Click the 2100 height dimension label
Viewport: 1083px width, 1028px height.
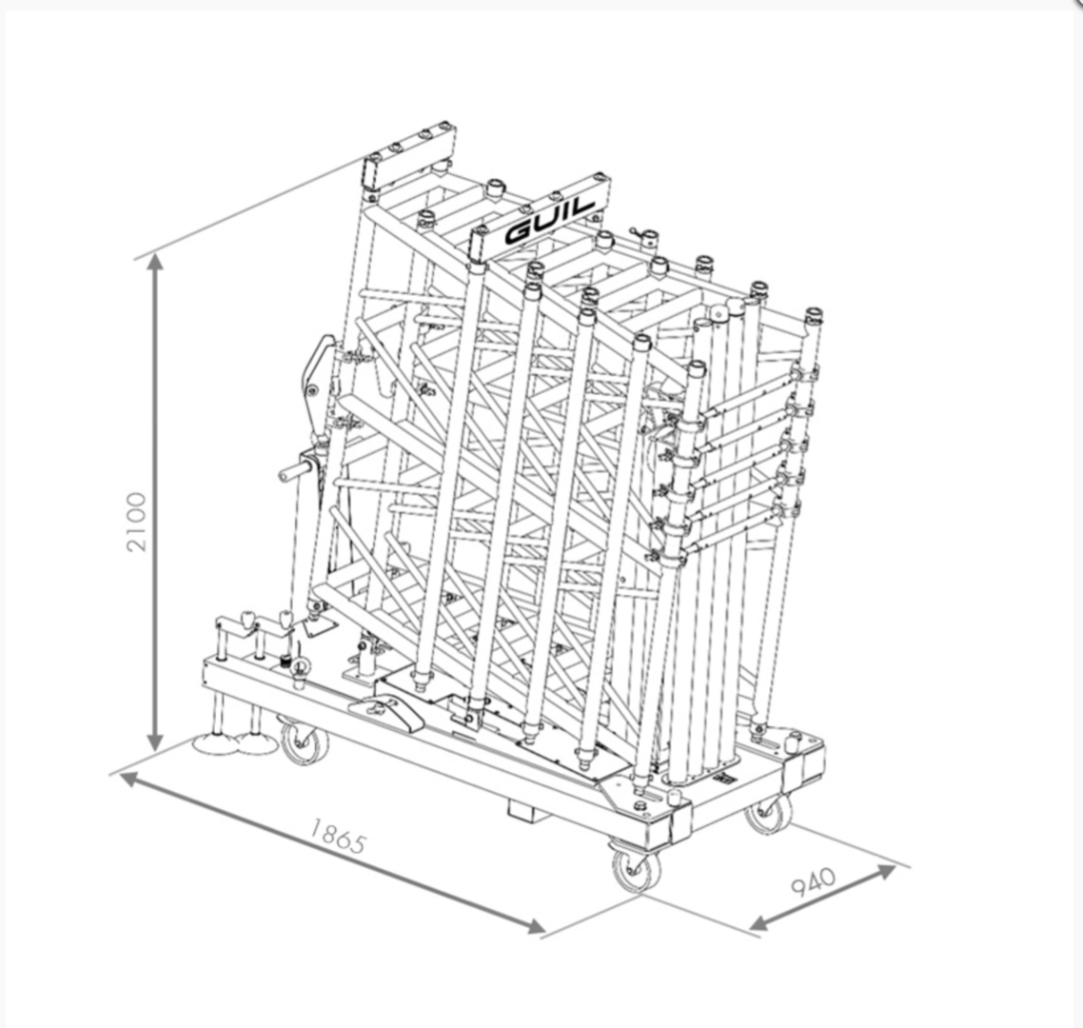click(x=137, y=522)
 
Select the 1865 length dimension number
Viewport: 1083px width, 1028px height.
click(x=336, y=836)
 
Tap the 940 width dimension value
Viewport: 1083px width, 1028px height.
click(x=813, y=881)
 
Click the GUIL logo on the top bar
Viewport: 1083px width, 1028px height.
click(x=550, y=221)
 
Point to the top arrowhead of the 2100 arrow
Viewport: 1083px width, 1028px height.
click(x=155, y=264)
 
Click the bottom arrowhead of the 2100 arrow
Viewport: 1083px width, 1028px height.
click(x=155, y=741)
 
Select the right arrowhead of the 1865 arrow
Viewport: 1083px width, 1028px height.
click(x=534, y=926)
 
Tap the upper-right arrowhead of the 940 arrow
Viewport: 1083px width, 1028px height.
click(x=885, y=871)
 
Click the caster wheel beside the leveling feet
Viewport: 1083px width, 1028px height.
click(x=304, y=743)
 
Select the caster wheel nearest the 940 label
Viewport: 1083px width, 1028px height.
click(x=769, y=815)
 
